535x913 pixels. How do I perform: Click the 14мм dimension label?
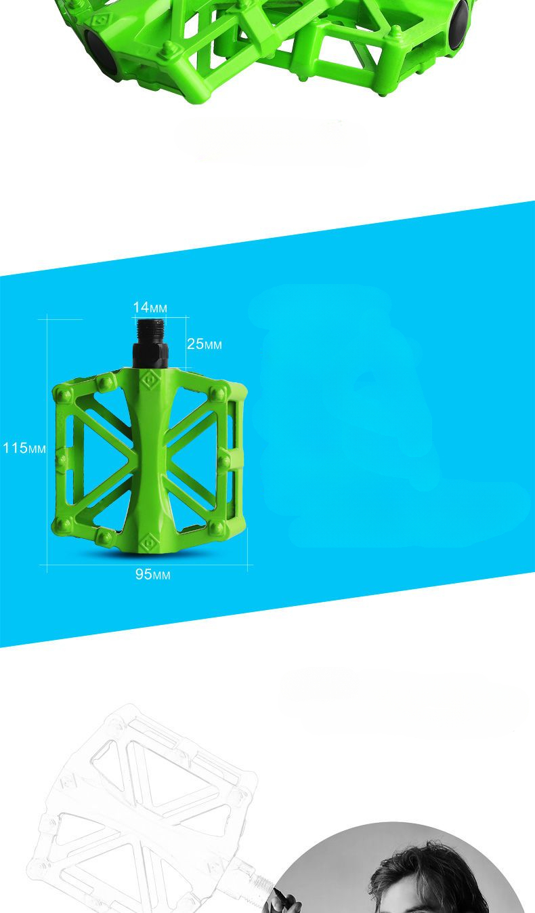click(150, 307)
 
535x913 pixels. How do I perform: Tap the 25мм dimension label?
click(205, 344)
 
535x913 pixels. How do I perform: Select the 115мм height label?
click(24, 448)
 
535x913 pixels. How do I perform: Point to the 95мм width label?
click(152, 574)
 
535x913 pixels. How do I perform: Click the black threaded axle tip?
click(150, 331)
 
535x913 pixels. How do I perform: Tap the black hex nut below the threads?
click(150, 355)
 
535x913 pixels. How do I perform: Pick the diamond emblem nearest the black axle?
click(150, 381)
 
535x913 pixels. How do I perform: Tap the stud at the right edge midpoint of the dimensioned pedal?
click(224, 462)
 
